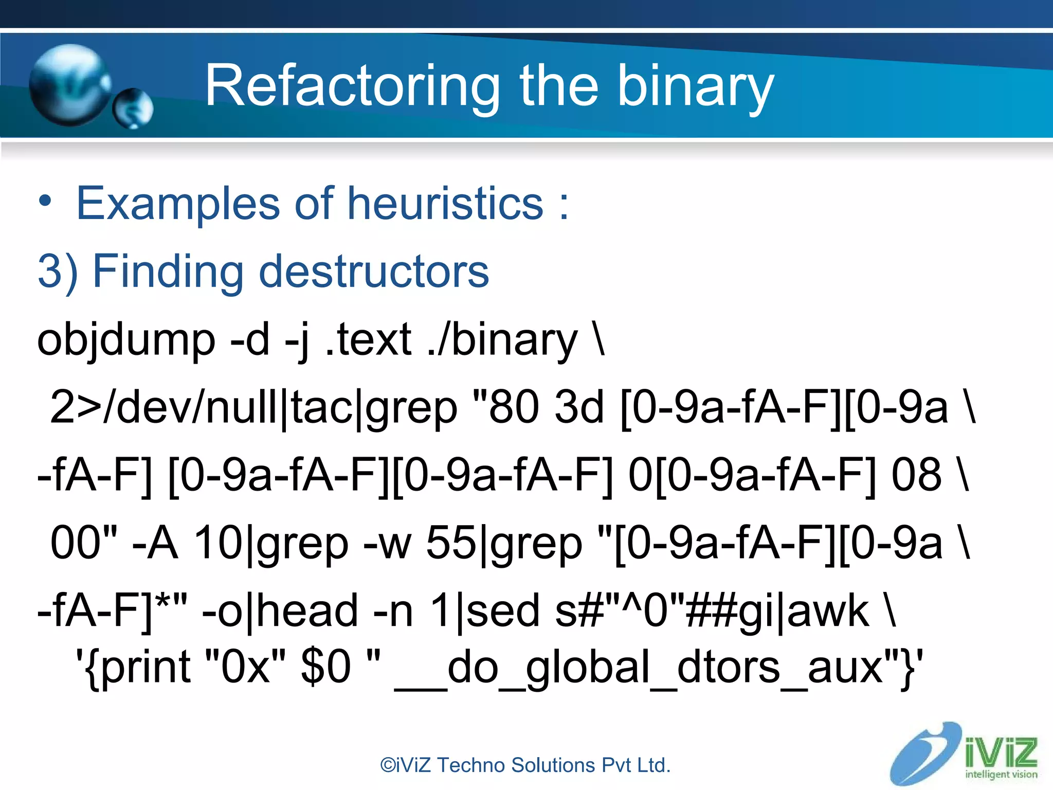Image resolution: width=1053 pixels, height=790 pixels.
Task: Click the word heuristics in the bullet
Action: pos(445,204)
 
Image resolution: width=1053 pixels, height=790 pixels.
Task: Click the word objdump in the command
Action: pos(126,340)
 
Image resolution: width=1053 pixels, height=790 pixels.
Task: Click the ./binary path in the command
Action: pos(503,340)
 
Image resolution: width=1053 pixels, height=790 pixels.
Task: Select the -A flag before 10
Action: pos(155,543)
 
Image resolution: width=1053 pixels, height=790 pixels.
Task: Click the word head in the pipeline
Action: pos(307,611)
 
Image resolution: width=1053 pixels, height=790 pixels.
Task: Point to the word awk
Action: pos(828,611)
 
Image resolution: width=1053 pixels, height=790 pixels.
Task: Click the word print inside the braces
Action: pos(146,668)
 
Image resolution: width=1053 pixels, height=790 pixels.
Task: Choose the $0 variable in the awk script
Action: pos(325,668)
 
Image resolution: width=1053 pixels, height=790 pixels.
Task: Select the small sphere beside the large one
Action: pos(133,109)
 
